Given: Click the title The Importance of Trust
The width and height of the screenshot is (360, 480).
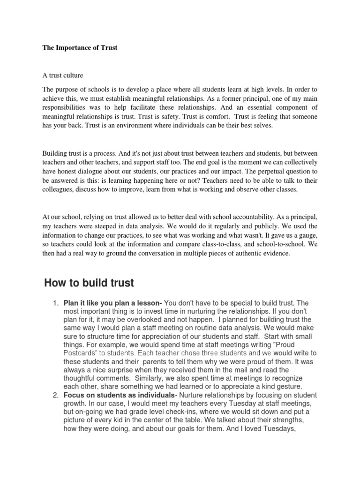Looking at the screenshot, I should tap(80, 48).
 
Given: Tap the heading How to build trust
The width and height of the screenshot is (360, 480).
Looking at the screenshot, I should tap(89, 283).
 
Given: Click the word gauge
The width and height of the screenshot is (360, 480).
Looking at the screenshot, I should tap(305, 235).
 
